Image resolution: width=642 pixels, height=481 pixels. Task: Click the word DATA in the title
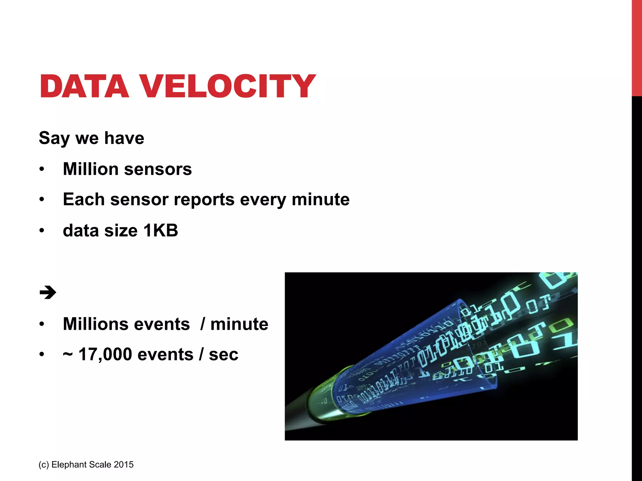pos(84,86)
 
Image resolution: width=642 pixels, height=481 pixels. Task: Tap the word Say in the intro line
pos(54,138)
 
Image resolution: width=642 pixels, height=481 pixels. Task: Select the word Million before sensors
pos(90,169)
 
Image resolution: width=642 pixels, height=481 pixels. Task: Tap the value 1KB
pos(160,231)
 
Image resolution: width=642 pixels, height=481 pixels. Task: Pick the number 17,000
pos(105,355)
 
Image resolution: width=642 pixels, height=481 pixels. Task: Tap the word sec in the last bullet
pos(223,355)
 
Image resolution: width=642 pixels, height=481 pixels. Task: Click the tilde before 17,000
pos(68,355)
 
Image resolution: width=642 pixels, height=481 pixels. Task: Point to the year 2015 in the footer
pos(124,464)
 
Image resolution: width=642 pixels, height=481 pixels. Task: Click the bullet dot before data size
pos(42,231)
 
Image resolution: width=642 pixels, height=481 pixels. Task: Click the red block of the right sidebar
pos(637,47)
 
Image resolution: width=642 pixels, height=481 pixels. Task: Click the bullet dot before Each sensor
pos(42,200)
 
